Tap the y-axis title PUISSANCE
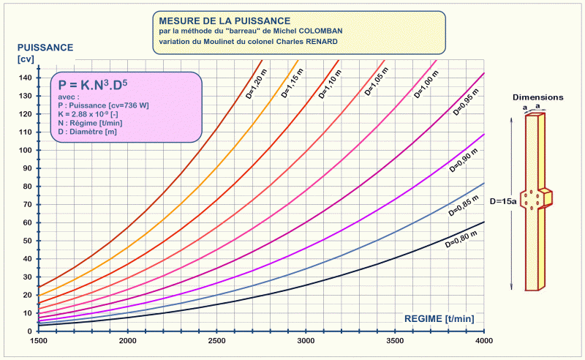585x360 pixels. (x=45, y=48)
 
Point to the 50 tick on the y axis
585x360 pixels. (x=28, y=240)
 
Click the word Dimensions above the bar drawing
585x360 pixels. (x=537, y=97)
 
